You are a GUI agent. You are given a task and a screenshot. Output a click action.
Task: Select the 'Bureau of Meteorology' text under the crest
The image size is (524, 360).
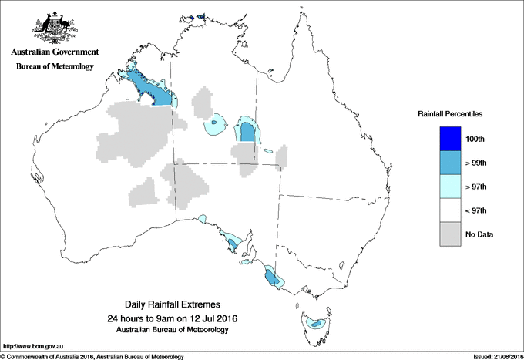(54, 67)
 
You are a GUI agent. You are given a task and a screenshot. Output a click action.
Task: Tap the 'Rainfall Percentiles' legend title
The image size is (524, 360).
(450, 114)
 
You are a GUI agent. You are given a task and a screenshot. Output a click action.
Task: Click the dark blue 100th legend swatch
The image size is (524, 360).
(451, 139)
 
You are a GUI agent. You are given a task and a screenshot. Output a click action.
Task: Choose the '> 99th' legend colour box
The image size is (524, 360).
(451, 163)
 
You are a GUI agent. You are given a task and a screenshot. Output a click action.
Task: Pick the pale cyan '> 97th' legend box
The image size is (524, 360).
(451, 187)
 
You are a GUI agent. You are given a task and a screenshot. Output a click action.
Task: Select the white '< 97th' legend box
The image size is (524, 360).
(451, 210)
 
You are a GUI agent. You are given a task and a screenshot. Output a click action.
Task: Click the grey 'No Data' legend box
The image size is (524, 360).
(451, 234)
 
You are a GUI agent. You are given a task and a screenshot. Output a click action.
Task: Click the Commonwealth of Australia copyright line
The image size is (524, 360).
(92, 356)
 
